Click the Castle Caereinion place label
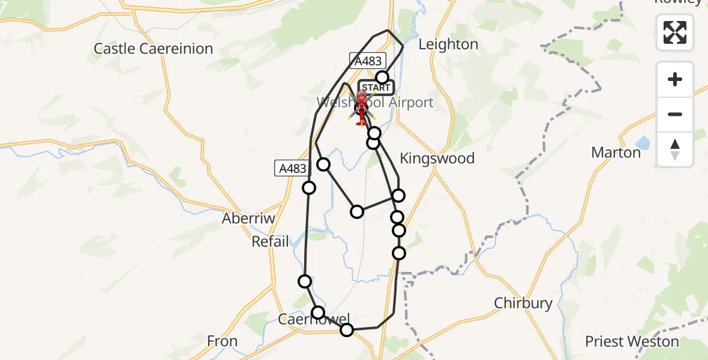[154, 49]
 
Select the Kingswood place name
[437, 158]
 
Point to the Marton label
[616, 152]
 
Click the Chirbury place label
[523, 303]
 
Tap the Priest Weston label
[632, 342]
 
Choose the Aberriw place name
[248, 218]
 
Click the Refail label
[270, 241]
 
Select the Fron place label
[222, 341]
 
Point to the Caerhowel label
[313, 319]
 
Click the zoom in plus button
[675, 79]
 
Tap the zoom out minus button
[675, 114]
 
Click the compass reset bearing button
[675, 149]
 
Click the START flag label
[376, 88]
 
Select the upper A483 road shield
[366, 60]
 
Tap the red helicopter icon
[362, 108]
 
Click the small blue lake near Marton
[643, 143]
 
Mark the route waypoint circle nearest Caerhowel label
[318, 313]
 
